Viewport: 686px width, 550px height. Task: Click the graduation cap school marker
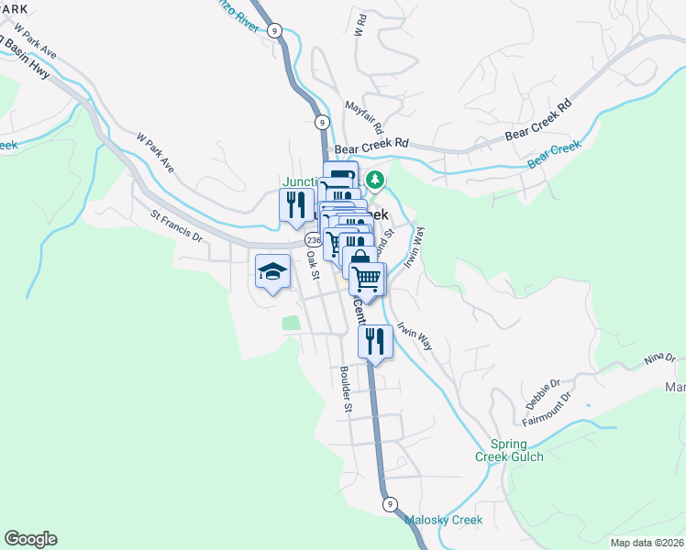[273, 271]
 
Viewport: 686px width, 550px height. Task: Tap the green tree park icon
[374, 179]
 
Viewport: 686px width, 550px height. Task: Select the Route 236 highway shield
[313, 238]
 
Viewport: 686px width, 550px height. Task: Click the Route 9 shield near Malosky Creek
[389, 504]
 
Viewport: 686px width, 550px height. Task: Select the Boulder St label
[345, 390]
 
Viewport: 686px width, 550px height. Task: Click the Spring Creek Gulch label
[509, 449]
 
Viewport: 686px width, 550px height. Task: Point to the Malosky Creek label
[443, 521]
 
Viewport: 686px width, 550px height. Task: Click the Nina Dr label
[658, 358]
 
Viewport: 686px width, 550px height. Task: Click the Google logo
[30, 539]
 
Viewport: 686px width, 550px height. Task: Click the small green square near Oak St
[291, 323]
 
